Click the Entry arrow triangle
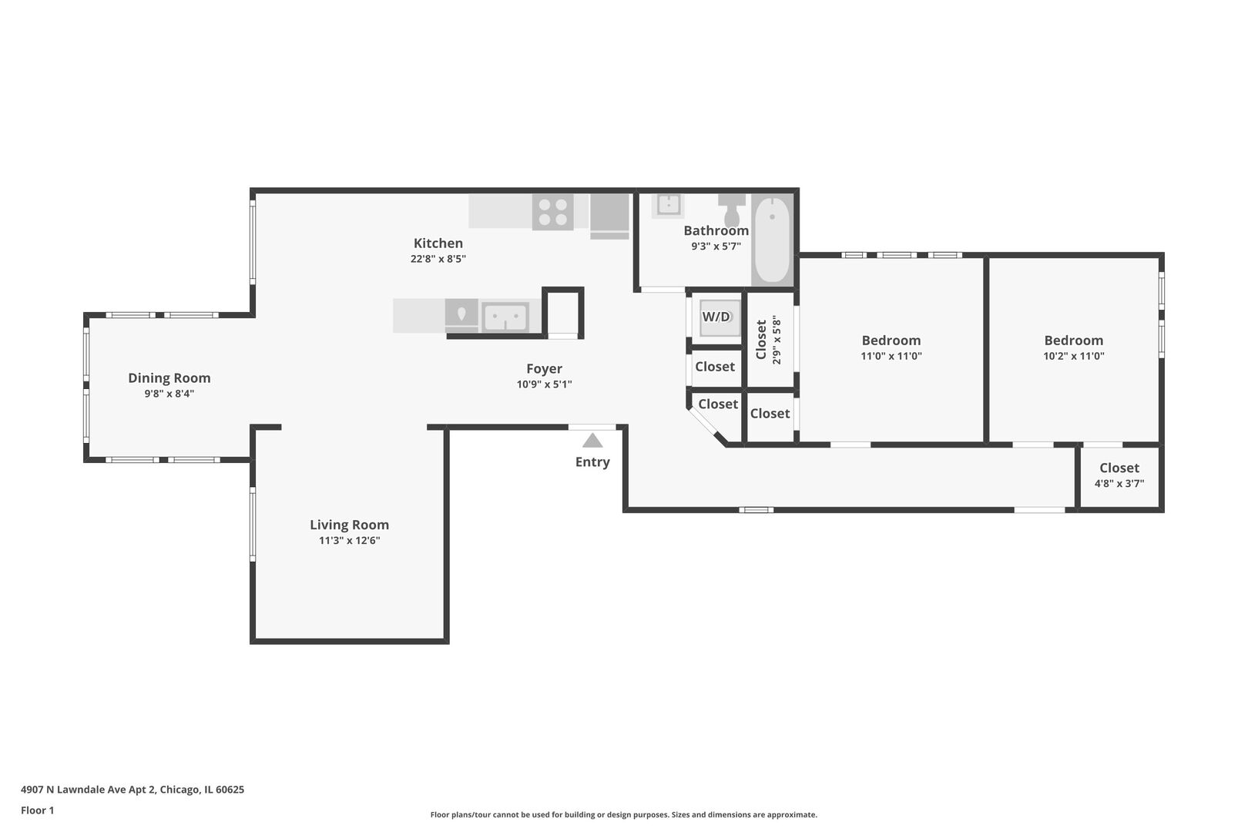(x=592, y=441)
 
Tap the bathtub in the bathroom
(x=772, y=240)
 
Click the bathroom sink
(x=668, y=205)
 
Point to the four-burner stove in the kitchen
(x=552, y=213)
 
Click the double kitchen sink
(x=505, y=317)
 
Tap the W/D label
(x=716, y=317)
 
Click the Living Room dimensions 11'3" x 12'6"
(x=349, y=540)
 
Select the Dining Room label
(x=169, y=377)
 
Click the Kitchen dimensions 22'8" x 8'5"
(x=438, y=259)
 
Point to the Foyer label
(x=545, y=369)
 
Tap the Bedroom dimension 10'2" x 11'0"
(x=1074, y=356)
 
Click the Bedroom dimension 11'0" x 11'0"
(x=891, y=356)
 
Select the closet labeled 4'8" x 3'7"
(x=1119, y=475)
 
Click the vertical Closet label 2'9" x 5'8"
(x=768, y=340)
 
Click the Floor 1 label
(x=37, y=810)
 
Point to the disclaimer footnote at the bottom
(x=623, y=815)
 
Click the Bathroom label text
(x=716, y=230)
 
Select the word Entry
(x=592, y=462)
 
